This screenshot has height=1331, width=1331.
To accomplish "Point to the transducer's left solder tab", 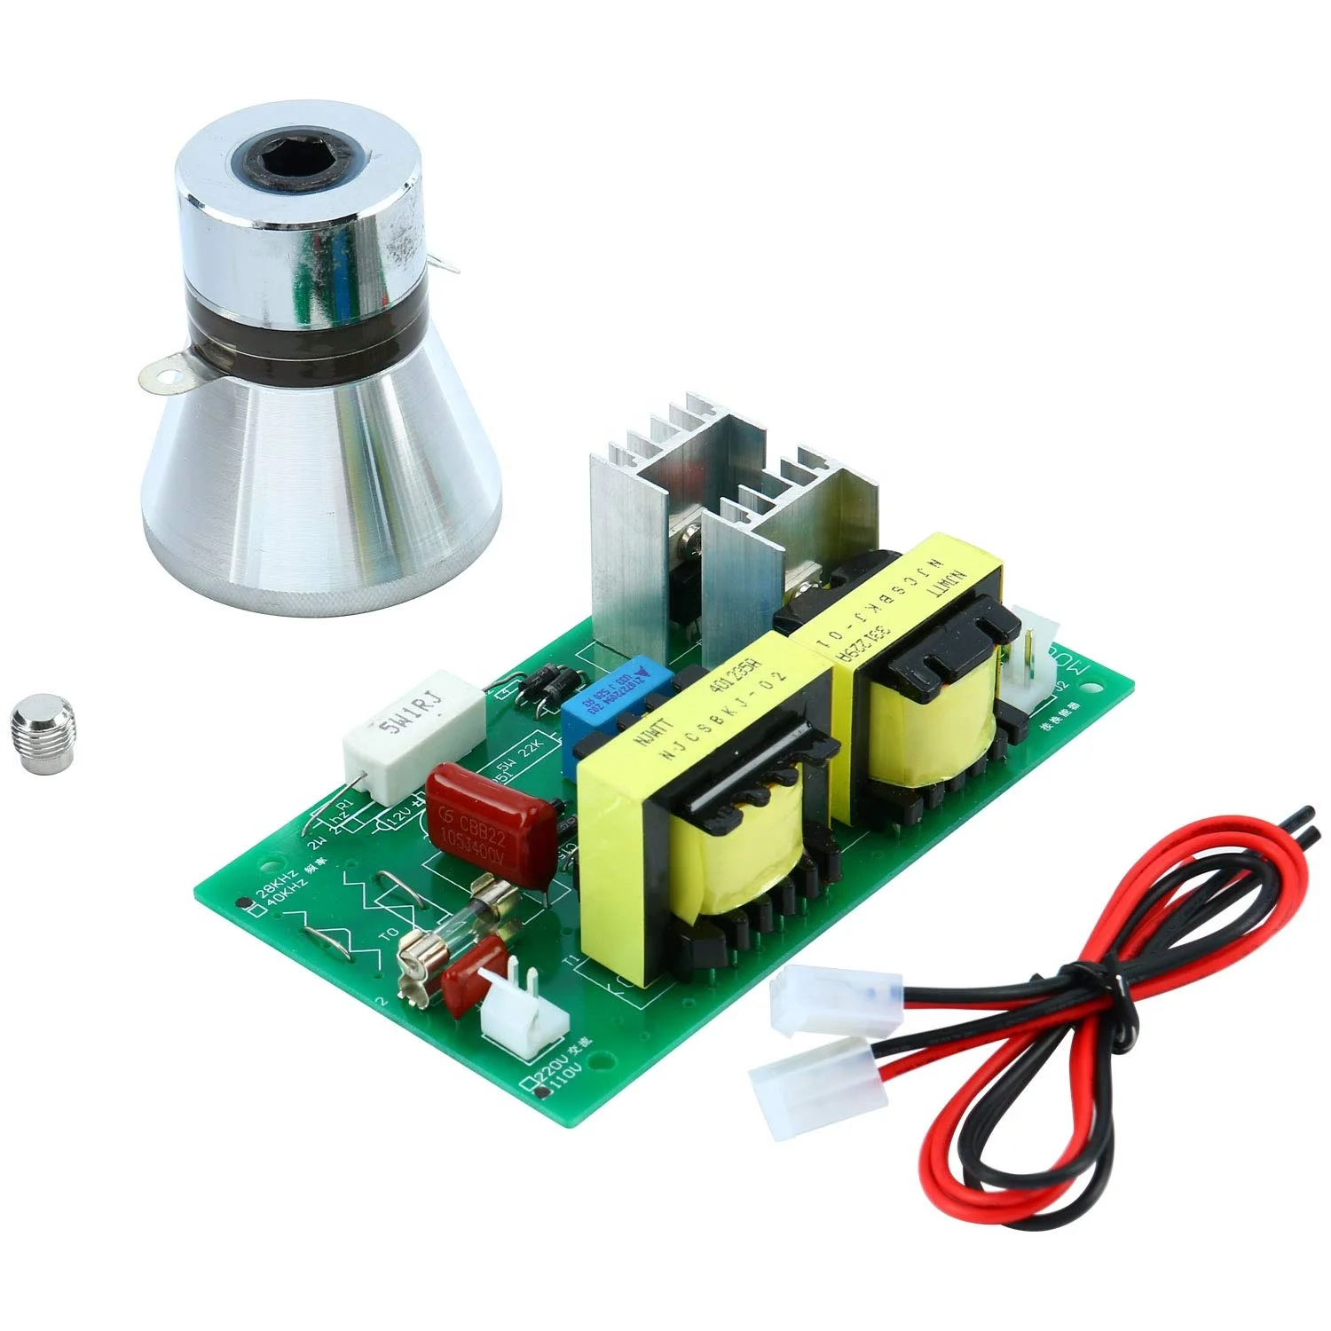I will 167,376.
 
